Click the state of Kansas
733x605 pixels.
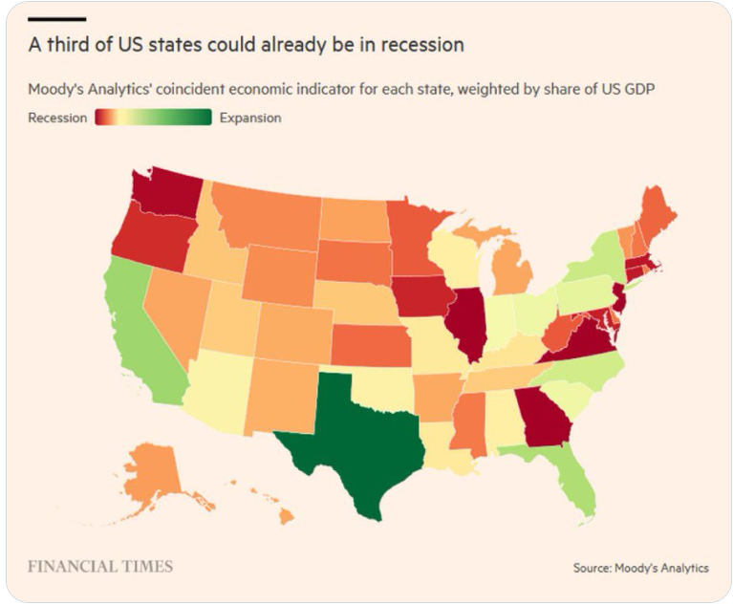[x=369, y=343]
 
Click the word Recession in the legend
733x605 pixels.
[x=57, y=118]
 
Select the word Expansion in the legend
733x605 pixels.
[x=250, y=118]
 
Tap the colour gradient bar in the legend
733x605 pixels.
[x=153, y=118]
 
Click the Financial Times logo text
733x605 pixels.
[x=100, y=567]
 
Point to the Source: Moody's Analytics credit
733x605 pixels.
[x=640, y=568]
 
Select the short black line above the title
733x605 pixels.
[x=56, y=18]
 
